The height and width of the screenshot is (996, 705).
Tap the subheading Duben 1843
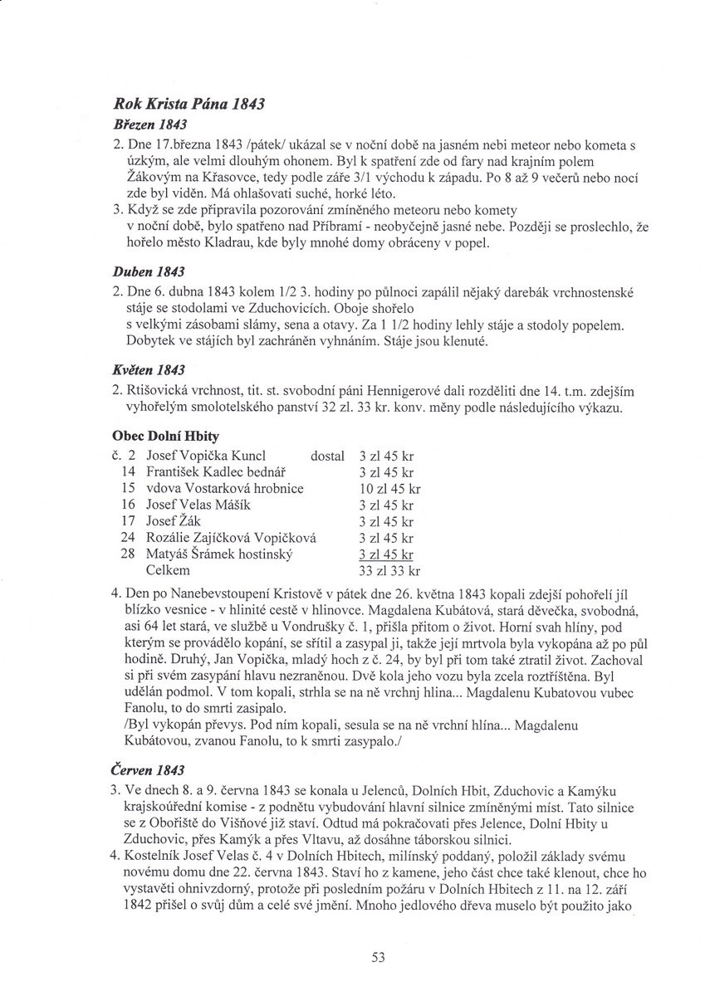pos(146,271)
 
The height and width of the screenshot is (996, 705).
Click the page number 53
pos(379,957)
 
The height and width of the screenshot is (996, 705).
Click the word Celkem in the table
pos(168,570)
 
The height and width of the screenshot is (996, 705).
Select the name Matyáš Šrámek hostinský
pos(220,554)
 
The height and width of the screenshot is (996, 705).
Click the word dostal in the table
pos(327,455)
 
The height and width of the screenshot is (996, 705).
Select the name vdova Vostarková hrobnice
pos(224,488)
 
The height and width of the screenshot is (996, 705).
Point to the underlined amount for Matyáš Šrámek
pos(386,554)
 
